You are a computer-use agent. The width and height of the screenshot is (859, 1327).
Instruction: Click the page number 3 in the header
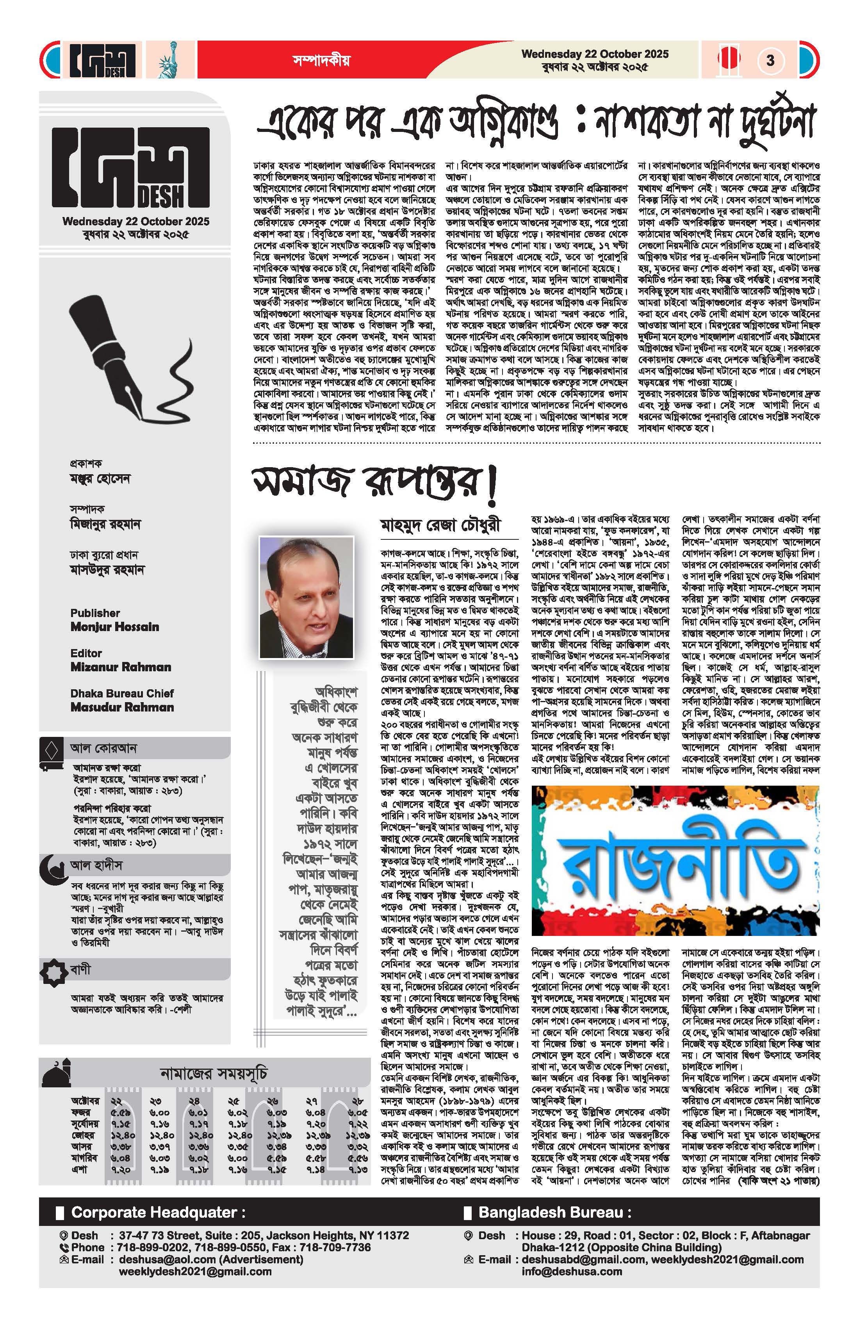coord(770,60)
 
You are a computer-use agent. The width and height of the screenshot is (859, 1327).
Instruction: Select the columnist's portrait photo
coord(306,597)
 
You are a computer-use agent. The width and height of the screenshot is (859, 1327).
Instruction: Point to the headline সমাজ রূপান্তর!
coord(374,483)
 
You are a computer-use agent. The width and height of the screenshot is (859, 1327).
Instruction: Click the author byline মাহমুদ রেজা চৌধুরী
coord(440,525)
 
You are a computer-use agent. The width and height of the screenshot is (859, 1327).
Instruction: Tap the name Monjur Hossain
coord(114,627)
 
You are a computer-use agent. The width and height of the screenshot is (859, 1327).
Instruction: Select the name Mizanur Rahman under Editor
coord(121,667)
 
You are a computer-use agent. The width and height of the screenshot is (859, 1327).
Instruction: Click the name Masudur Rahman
coord(122,707)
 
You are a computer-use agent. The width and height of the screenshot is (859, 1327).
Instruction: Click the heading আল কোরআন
coord(103,748)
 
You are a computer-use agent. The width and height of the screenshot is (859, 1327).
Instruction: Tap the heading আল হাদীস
coord(96,865)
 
